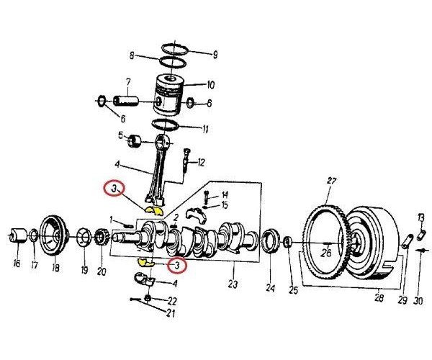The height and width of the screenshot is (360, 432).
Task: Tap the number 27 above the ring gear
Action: (x=332, y=181)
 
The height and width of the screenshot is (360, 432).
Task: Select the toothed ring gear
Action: (x=324, y=238)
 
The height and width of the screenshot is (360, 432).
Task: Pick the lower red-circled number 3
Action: (x=175, y=266)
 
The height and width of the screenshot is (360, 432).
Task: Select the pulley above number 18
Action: (x=53, y=233)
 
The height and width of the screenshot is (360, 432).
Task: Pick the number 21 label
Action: (x=171, y=312)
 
